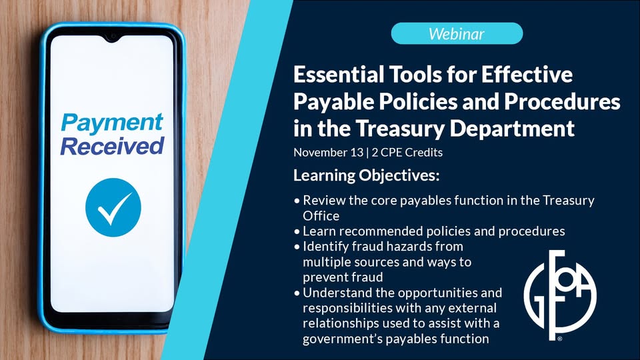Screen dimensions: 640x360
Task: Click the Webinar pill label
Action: pos(457,33)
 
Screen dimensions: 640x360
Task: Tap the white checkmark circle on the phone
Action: pos(113,207)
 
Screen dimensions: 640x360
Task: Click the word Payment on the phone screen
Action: pos(112,123)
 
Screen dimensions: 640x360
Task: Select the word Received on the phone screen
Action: pos(112,146)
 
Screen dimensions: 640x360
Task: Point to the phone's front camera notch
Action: pos(112,38)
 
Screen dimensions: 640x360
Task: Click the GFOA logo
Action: pos(560,295)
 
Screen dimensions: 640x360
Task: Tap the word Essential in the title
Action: pos(339,74)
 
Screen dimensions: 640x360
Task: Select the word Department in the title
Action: pos(512,129)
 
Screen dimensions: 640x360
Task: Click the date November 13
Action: pos(328,152)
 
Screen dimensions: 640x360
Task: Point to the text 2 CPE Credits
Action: pos(407,152)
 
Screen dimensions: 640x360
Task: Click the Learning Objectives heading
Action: pos(367,175)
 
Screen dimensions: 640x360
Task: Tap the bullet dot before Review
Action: pos(297,201)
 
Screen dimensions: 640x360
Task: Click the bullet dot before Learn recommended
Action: pos(297,231)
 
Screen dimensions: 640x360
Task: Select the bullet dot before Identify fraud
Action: pos(297,247)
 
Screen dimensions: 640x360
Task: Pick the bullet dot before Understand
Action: pos(297,293)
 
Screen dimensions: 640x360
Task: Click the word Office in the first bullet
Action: pos(321,215)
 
